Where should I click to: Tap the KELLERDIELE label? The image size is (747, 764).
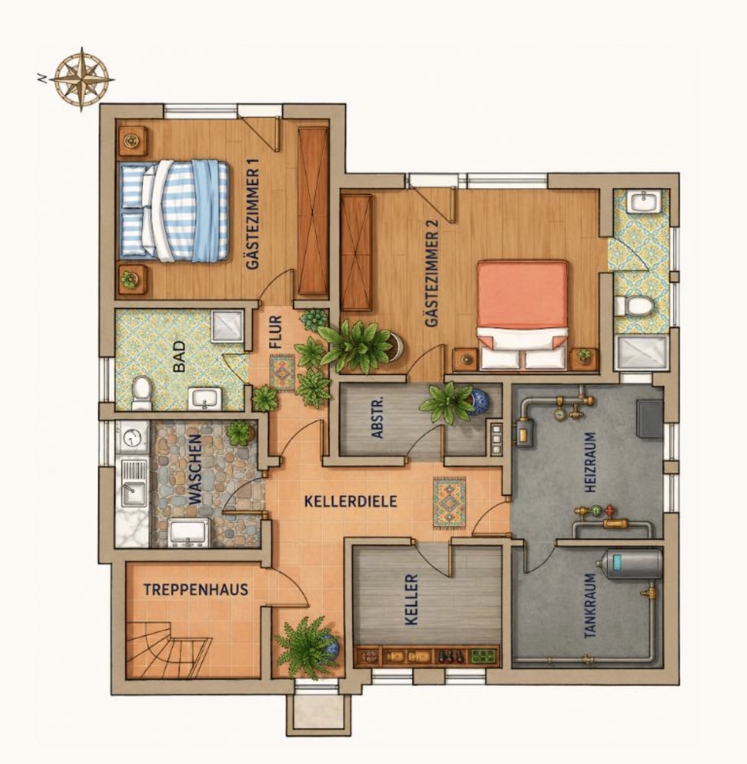click(351, 502)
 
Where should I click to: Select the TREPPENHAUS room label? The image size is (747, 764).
click(196, 589)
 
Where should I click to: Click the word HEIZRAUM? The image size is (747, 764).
click(590, 462)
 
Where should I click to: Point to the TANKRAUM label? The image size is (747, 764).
click(590, 606)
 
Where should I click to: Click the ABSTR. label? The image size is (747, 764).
click(377, 417)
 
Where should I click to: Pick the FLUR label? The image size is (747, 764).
click(276, 332)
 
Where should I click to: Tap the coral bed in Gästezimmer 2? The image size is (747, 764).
click(522, 314)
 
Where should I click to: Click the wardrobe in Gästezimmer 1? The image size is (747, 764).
click(313, 211)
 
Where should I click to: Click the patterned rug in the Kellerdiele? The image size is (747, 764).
click(449, 503)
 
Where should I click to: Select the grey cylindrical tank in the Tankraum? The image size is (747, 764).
click(629, 565)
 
